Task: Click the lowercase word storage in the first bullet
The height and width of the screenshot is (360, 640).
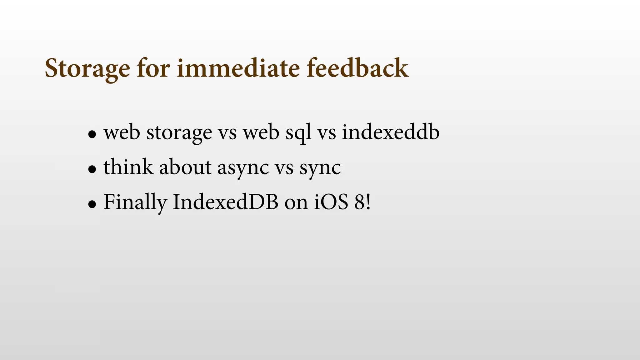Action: tap(179, 132)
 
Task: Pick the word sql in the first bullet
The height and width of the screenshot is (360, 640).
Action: tap(298, 132)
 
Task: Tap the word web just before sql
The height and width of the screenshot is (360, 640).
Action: tap(261, 132)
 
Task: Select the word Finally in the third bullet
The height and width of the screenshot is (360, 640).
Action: tap(135, 202)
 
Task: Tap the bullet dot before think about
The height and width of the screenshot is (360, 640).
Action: tap(92, 169)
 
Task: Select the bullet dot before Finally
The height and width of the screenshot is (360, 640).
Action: tap(92, 204)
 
